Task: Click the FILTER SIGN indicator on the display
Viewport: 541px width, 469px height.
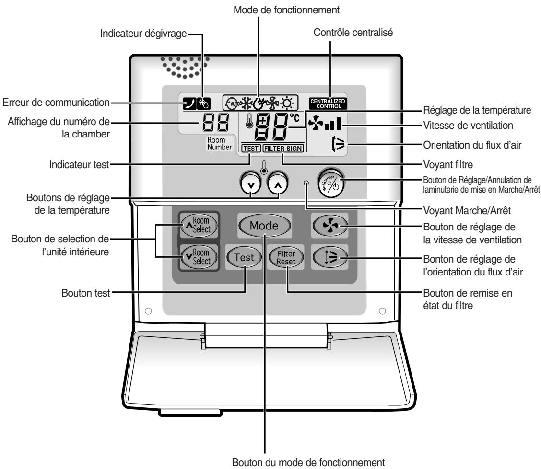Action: pyautogui.click(x=283, y=149)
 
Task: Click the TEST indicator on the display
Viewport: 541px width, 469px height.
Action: pyautogui.click(x=250, y=149)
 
